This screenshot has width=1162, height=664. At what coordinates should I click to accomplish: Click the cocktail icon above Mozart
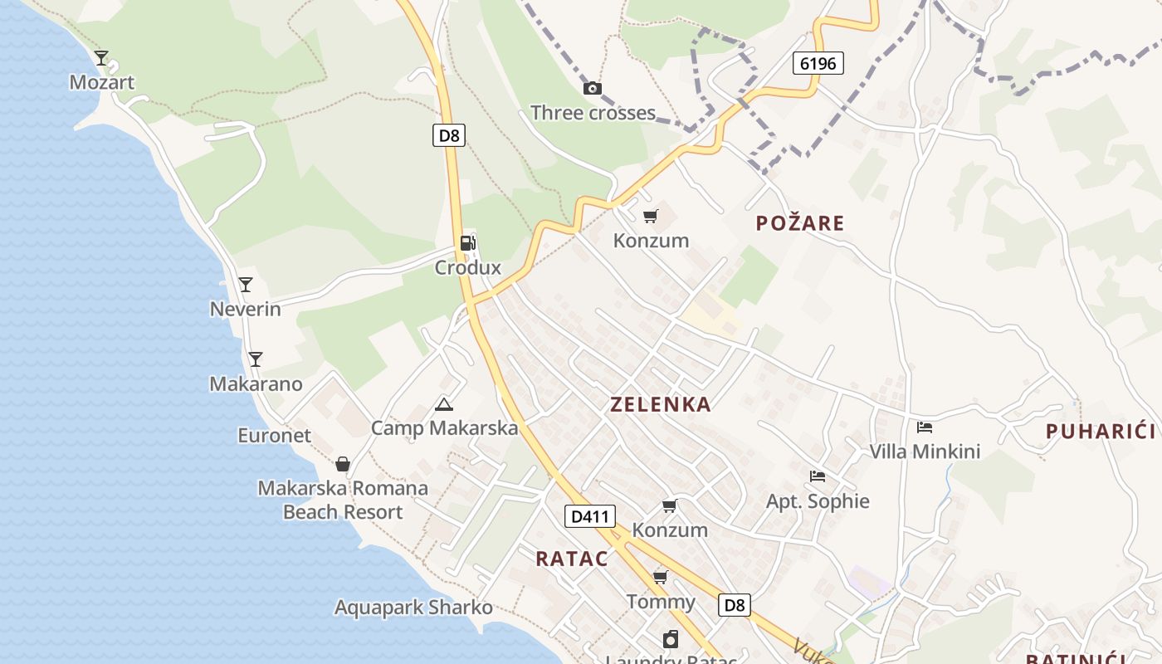pyautogui.click(x=101, y=58)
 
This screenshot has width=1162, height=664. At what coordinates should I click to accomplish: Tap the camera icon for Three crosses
pyautogui.click(x=593, y=89)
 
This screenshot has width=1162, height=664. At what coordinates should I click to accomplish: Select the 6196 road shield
pyautogui.click(x=818, y=63)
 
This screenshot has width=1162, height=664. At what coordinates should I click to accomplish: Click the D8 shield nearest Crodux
pyautogui.click(x=448, y=135)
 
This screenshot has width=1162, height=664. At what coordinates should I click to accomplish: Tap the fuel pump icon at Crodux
pyautogui.click(x=468, y=243)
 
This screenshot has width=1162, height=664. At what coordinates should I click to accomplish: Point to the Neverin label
pyautogui.click(x=245, y=309)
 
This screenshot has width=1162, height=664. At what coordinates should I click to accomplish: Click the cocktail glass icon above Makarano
pyautogui.click(x=256, y=359)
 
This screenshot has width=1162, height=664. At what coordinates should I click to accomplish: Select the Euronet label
pyautogui.click(x=274, y=435)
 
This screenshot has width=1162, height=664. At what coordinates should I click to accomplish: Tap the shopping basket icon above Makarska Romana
pyautogui.click(x=343, y=464)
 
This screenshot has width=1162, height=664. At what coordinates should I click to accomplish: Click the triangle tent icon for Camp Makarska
pyautogui.click(x=444, y=405)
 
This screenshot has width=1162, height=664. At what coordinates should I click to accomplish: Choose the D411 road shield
pyautogui.click(x=590, y=516)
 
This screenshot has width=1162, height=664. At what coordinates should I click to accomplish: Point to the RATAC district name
pyautogui.click(x=571, y=559)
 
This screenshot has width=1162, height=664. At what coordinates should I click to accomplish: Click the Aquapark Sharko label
pyautogui.click(x=413, y=607)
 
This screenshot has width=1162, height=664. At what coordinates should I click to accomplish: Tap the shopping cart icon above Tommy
pyautogui.click(x=661, y=577)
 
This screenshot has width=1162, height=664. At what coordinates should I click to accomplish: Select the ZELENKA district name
pyautogui.click(x=661, y=404)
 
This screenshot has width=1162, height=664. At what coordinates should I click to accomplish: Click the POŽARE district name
pyautogui.click(x=800, y=222)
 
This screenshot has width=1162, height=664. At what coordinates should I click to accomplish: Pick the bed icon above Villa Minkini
pyautogui.click(x=925, y=427)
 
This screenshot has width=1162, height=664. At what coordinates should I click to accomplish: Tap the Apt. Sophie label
pyautogui.click(x=818, y=500)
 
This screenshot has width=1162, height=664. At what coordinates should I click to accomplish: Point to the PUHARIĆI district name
pyautogui.click(x=1101, y=431)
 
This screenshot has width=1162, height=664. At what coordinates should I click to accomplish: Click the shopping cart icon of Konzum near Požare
pyautogui.click(x=651, y=217)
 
